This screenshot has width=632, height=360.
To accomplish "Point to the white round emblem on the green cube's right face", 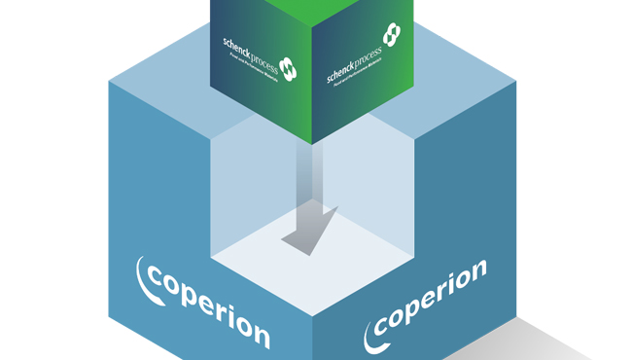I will (x=391, y=35).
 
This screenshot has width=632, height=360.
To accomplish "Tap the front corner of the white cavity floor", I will (x=312, y=311).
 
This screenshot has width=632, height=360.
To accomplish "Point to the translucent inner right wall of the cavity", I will (x=379, y=185).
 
